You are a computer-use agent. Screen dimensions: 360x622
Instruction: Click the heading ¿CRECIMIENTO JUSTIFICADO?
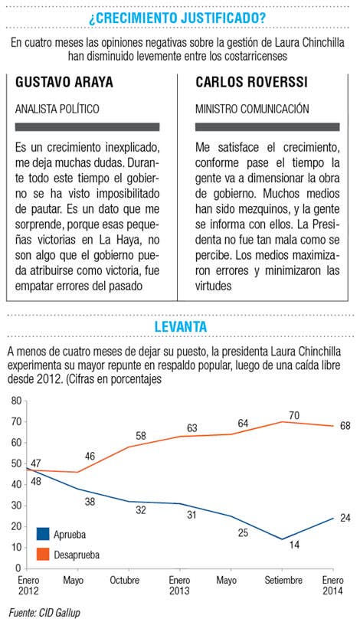(177, 18)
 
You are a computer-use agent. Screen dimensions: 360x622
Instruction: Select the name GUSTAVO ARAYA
(64, 82)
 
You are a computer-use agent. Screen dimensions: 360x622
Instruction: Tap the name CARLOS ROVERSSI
(252, 82)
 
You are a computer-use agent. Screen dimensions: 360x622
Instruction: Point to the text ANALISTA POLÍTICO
(57, 109)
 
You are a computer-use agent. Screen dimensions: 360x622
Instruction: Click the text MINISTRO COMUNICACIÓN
(252, 109)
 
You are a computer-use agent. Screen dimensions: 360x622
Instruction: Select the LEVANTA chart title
(181, 326)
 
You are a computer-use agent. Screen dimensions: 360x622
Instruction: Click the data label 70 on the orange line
(294, 415)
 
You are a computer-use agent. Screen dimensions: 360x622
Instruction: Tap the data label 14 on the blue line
(294, 545)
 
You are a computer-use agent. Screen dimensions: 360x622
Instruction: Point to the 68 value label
(345, 427)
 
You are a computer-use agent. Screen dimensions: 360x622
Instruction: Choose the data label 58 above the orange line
(141, 436)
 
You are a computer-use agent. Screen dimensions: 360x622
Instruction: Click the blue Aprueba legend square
(43, 534)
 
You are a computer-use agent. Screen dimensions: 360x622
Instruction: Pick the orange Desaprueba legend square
(43, 554)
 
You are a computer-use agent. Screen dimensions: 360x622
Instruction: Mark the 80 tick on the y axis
(16, 401)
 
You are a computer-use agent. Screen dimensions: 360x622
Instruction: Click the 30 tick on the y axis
(16, 506)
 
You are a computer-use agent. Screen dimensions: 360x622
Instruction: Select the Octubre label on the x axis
(125, 580)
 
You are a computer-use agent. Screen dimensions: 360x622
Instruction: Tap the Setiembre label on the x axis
(283, 580)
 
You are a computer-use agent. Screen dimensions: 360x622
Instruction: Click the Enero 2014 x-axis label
(333, 585)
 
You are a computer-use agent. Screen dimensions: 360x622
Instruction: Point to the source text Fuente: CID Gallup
(44, 613)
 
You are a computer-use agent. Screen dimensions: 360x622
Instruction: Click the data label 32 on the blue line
(141, 510)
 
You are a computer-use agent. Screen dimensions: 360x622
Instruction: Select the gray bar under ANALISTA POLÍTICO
(87, 127)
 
